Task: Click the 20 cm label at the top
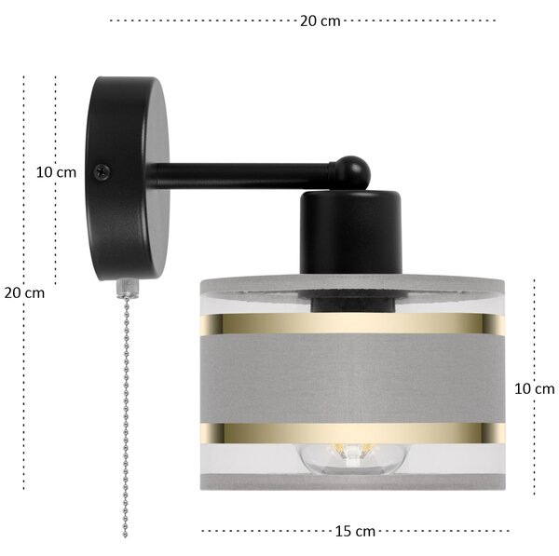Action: pos(320,21)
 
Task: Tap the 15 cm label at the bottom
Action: pos(355,532)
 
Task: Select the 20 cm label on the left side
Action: pos(24,293)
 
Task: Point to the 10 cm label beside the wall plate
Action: pos(56,172)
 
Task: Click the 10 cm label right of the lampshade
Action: pos(535,389)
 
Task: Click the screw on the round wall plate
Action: pos(102,171)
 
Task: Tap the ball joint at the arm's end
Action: pos(353,173)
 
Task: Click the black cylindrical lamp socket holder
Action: pos(351,233)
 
